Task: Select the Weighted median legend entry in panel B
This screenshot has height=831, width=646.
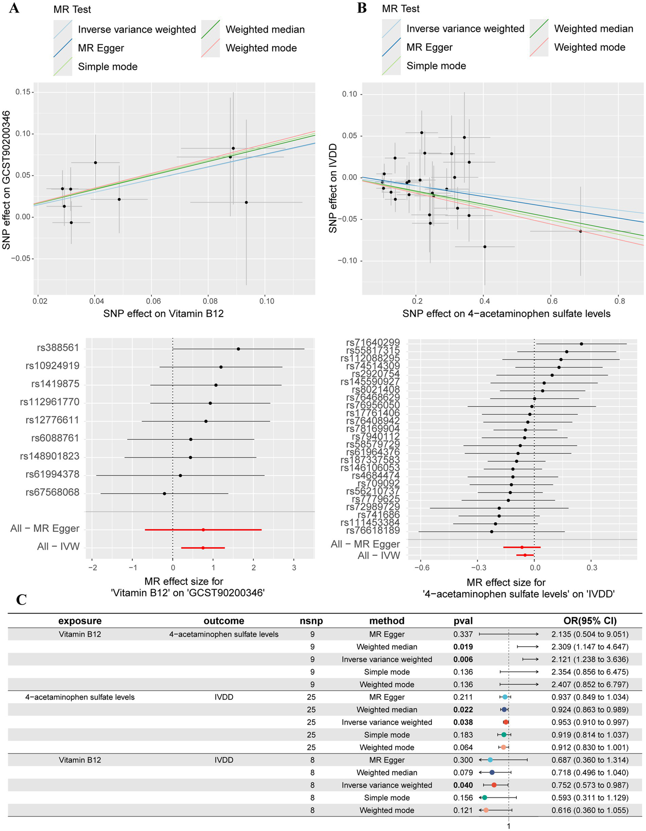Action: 593,29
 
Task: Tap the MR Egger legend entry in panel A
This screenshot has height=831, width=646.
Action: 101,48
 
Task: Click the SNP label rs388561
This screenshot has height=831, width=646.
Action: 58,348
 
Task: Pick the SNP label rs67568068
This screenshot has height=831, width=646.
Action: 52,493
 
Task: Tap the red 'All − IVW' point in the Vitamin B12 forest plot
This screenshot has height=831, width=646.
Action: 203,548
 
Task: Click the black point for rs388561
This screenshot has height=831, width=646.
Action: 238,349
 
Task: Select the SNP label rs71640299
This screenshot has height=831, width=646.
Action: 372,343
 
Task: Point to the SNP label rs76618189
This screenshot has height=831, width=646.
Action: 372,531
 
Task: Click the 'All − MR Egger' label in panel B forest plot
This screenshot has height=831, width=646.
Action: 365,544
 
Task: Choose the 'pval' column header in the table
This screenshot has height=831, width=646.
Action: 463,621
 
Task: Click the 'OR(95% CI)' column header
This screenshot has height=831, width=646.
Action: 590,621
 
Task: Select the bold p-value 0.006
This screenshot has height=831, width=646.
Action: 463,659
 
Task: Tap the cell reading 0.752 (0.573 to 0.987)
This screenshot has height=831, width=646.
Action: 590,785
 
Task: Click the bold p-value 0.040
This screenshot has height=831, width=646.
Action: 463,785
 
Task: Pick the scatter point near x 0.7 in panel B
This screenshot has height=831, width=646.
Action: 580,231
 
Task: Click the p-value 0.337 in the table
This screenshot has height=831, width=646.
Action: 463,634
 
